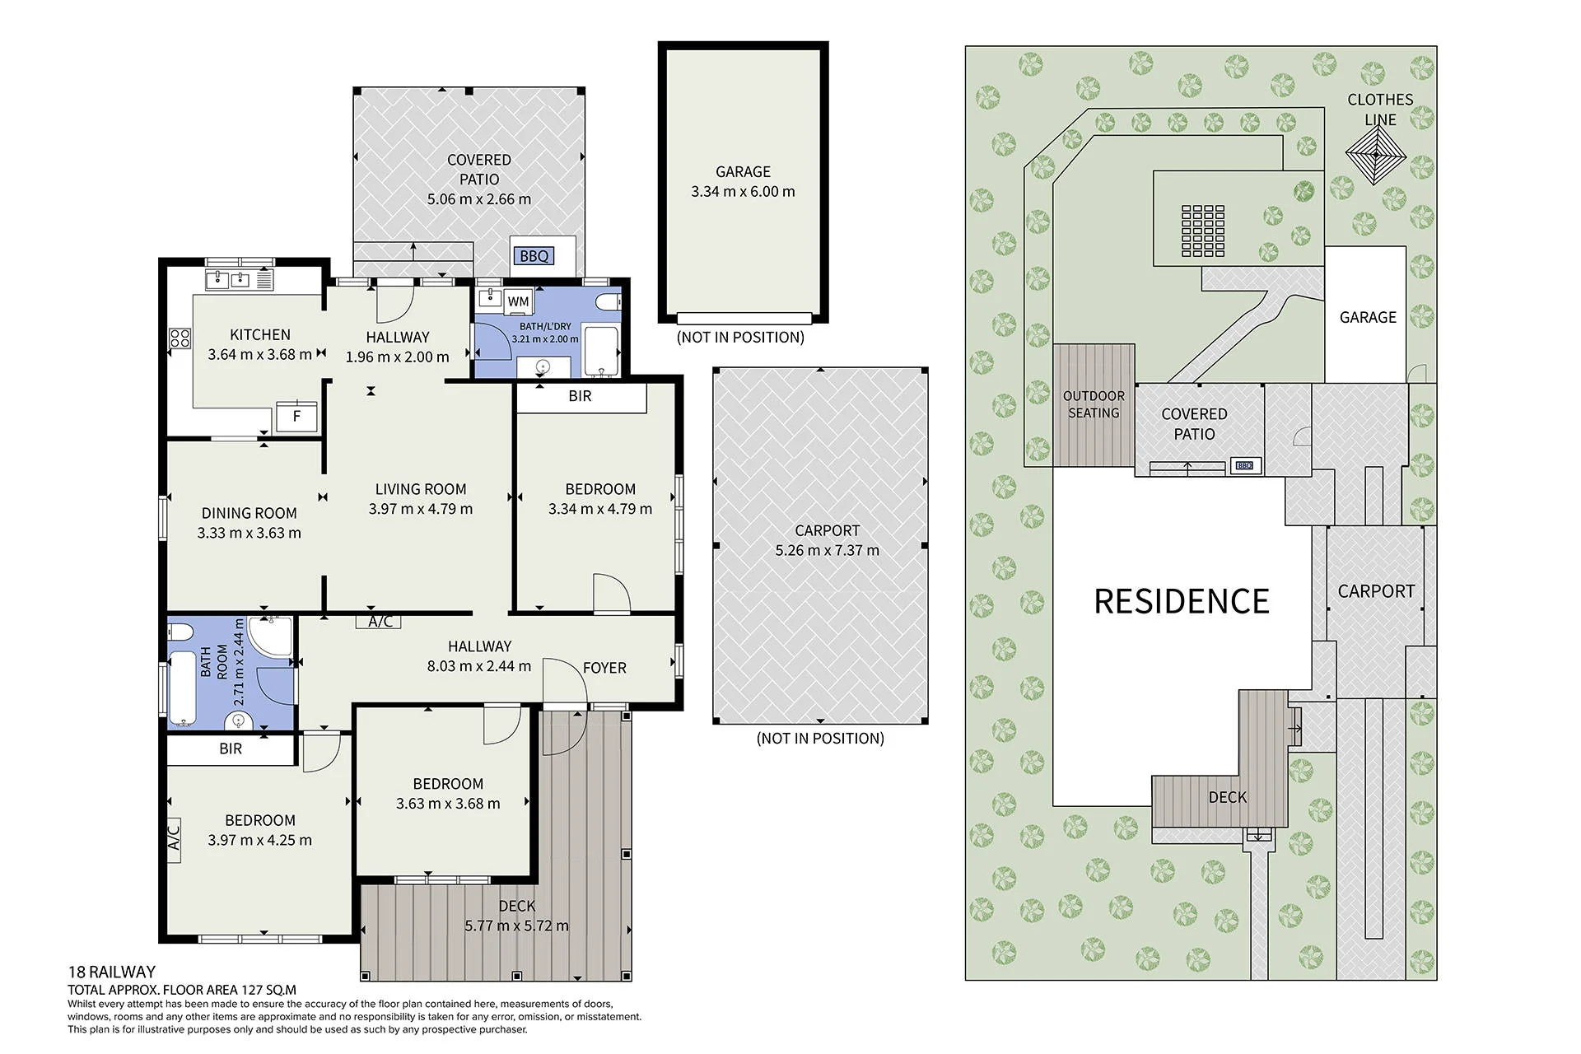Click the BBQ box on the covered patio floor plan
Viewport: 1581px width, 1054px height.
click(x=534, y=256)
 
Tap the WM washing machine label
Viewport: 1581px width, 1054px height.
click(x=518, y=301)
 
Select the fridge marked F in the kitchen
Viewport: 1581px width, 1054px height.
click(x=296, y=416)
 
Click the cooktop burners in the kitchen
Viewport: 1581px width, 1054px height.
click(x=180, y=338)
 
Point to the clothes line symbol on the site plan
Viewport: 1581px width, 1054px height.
click(x=1373, y=156)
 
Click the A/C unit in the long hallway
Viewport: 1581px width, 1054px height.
click(x=380, y=622)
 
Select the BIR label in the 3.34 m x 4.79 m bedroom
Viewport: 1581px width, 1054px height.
click(x=580, y=396)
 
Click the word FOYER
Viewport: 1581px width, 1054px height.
click(x=604, y=668)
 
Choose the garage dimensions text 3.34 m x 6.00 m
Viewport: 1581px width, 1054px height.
click(x=743, y=192)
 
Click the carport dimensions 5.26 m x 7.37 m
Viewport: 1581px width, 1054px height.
click(x=827, y=550)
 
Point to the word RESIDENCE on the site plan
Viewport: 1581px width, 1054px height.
click(x=1181, y=601)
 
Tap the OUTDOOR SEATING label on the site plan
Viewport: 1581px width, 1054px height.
click(x=1094, y=404)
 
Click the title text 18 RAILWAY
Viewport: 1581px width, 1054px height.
click(x=111, y=972)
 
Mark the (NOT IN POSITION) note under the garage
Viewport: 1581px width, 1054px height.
click(x=740, y=337)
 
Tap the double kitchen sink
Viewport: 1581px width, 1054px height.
click(x=228, y=280)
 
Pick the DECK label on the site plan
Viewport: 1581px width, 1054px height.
click(x=1227, y=797)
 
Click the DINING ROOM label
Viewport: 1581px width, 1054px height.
click(x=249, y=513)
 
